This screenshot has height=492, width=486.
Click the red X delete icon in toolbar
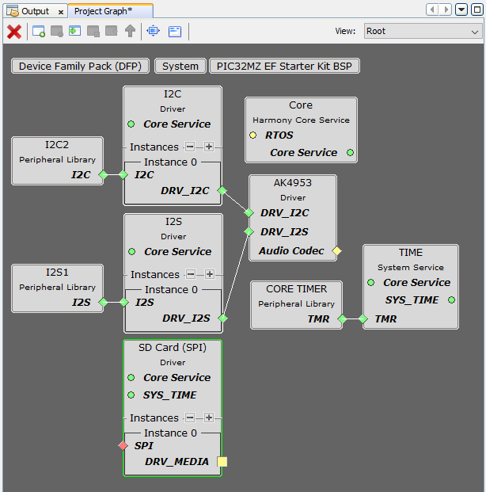tap(14, 32)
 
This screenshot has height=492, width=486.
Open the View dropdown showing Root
tap(422, 32)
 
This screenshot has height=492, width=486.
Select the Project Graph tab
tap(103, 11)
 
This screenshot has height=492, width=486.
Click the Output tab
tap(34, 11)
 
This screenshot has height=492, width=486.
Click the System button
tap(180, 66)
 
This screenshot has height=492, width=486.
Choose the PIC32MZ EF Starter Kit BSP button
tap(284, 66)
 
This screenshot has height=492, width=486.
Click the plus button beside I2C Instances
tap(209, 147)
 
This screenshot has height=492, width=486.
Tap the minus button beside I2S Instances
tap(191, 274)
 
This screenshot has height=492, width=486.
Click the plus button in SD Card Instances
tap(209, 418)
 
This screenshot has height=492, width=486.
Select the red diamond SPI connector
tap(123, 446)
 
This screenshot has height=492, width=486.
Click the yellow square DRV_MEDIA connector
tap(222, 462)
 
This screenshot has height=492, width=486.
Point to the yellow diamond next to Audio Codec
tap(336, 251)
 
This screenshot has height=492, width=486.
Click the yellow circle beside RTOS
tap(253, 135)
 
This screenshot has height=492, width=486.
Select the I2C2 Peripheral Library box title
tap(57, 145)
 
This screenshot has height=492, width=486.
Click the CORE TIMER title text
tap(297, 289)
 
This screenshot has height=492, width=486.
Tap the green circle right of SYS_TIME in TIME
tap(451, 300)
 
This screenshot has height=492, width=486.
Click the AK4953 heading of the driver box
tap(293, 182)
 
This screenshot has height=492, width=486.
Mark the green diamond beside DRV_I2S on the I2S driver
tap(222, 318)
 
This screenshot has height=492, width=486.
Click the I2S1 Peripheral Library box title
tap(57, 273)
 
